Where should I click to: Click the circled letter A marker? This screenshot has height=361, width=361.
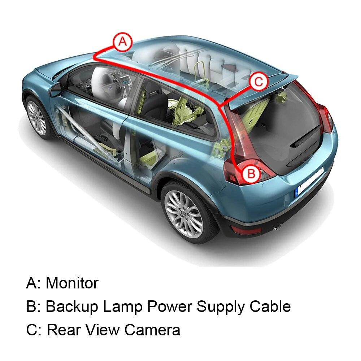(x=123, y=42)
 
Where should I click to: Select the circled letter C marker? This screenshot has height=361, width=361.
(x=258, y=82)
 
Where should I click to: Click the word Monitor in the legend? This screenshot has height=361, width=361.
(x=72, y=283)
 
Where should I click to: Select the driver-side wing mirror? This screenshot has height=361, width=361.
(x=55, y=89)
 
